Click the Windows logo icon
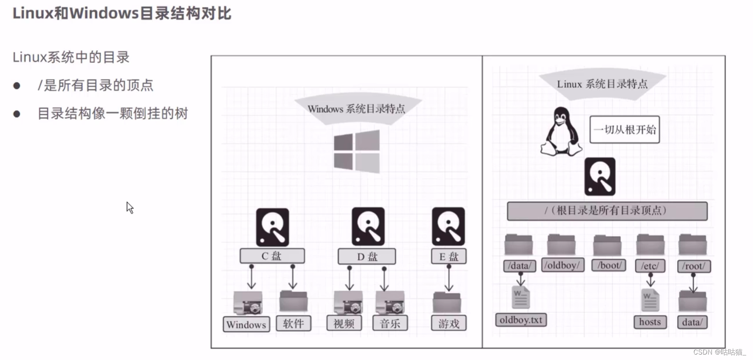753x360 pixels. pyautogui.click(x=356, y=151)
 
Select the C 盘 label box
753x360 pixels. pyautogui.click(x=272, y=256)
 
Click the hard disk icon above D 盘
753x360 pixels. pyautogui.click(x=368, y=226)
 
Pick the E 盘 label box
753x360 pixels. pyautogui.click(x=448, y=256)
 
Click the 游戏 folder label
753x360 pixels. pyautogui.click(x=448, y=323)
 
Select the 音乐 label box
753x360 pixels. pyautogui.click(x=390, y=323)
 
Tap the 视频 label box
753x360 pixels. pyautogui.click(x=344, y=323)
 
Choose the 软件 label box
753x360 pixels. pyautogui.click(x=293, y=323)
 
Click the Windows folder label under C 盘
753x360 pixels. pyautogui.click(x=246, y=324)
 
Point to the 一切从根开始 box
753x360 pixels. pyautogui.click(x=624, y=130)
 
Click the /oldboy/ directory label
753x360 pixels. pyautogui.click(x=562, y=265)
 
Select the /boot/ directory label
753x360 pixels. pyautogui.click(x=609, y=265)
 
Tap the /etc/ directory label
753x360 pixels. pyautogui.click(x=650, y=265)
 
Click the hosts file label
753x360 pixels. pyautogui.click(x=650, y=322)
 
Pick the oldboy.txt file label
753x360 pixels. pyautogui.click(x=521, y=320)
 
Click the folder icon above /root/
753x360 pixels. pyautogui.click(x=692, y=245)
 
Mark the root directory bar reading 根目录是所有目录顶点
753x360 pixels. pyautogui.click(x=607, y=211)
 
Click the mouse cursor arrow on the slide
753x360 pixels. pyautogui.click(x=130, y=207)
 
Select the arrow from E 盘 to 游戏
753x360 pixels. pyautogui.click(x=448, y=278)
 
